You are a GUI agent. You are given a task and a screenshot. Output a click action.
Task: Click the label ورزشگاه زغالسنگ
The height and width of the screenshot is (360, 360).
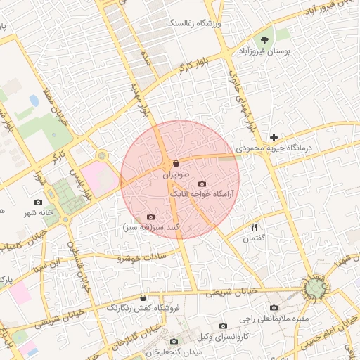coord(193,23)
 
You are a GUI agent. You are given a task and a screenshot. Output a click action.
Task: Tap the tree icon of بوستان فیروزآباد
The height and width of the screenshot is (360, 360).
coord(264,40)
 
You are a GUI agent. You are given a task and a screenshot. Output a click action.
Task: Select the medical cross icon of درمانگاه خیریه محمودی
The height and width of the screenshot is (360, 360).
coord(274,136)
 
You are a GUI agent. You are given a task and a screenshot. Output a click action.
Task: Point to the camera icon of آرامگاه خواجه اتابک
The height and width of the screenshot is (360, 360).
coord(202,184)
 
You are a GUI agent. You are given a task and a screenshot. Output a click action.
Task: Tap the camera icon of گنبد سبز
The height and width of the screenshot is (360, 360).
coord(150,217)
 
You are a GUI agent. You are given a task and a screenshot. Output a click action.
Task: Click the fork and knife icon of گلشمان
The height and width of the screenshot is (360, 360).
coord(255,227)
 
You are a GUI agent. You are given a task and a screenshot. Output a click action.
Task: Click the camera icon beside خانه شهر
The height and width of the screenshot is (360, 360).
coord(38,202)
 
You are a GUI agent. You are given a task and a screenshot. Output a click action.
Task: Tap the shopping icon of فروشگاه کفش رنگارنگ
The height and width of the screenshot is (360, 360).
coord(143,297)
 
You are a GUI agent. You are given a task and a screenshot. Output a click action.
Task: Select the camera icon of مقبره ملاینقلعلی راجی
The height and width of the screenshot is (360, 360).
coord(274,308)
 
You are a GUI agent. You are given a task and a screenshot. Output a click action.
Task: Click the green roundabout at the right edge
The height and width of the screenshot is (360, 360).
coord(315,287)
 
